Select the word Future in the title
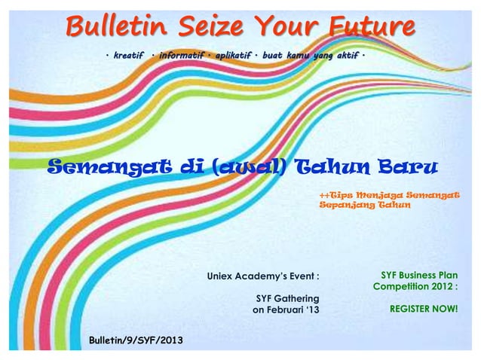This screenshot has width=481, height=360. tap(370, 26)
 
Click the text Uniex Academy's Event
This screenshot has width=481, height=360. tap(263, 276)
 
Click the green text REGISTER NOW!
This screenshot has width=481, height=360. tap(424, 309)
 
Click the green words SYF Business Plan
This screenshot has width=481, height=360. tap(419, 276)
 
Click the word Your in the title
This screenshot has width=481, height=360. tap(286, 26)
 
